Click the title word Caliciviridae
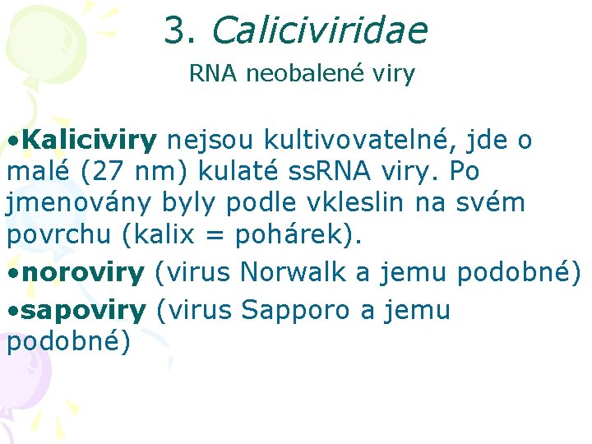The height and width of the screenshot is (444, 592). pos(319,30)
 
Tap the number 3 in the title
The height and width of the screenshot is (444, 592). pos(175,30)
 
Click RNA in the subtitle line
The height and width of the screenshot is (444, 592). pos(212,74)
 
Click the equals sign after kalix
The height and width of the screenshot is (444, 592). pos(214,234)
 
